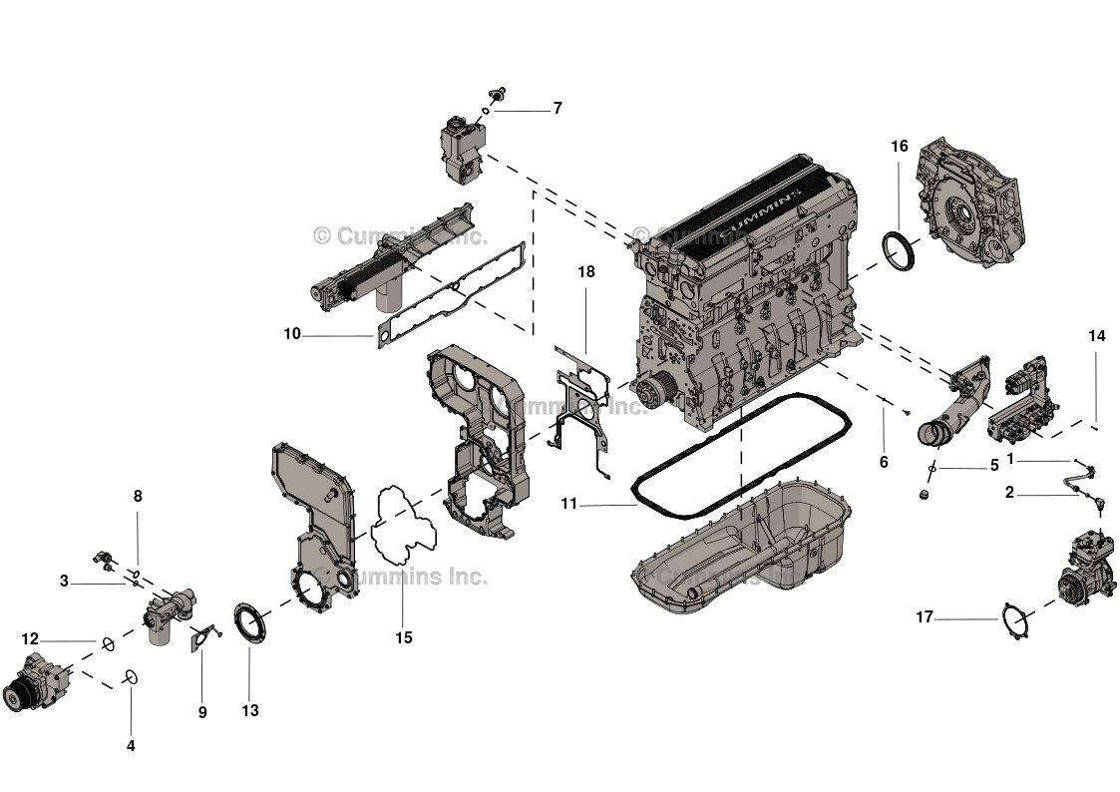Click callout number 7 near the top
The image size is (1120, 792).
click(x=558, y=108)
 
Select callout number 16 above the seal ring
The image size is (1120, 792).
click(x=899, y=147)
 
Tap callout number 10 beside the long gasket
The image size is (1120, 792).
click(x=291, y=334)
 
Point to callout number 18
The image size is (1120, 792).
click(x=585, y=271)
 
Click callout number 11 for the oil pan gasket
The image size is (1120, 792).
click(x=568, y=505)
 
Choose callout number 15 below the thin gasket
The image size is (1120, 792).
click(x=403, y=637)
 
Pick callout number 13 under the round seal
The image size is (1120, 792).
click(x=249, y=710)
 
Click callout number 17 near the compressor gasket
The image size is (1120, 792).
click(x=925, y=617)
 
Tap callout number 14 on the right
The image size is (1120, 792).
click(x=1097, y=336)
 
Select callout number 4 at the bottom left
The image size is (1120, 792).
click(x=131, y=745)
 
